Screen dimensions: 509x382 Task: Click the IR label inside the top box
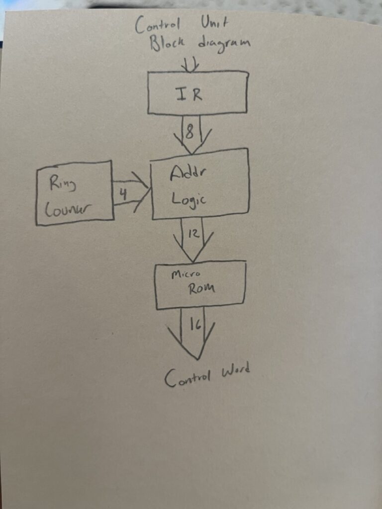tap(190, 94)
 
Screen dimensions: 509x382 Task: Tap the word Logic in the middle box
tap(189, 199)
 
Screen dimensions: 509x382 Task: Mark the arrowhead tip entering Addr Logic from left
tap(149, 188)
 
